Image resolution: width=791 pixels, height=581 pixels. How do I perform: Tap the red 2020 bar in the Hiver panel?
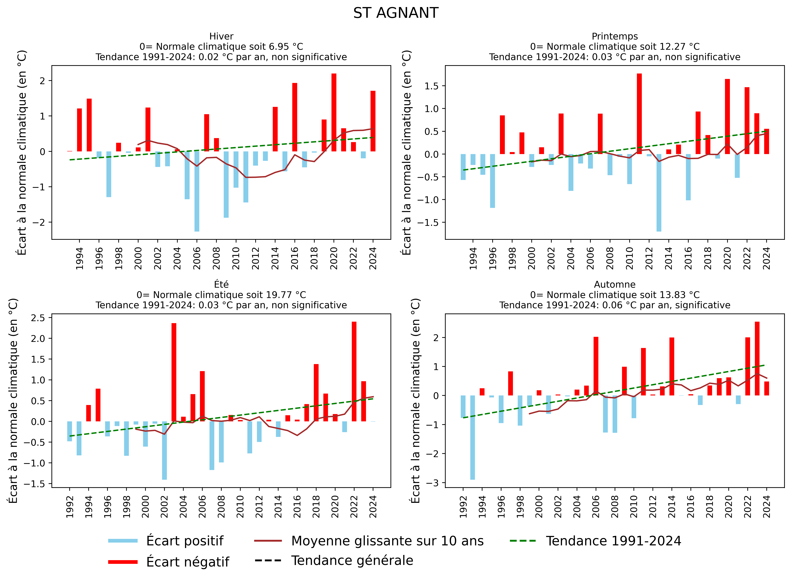(334, 113)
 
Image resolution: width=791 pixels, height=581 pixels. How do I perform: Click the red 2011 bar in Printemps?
(639, 114)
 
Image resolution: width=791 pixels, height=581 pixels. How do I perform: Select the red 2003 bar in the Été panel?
(174, 372)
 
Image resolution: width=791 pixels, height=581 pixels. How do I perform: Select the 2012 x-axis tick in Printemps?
(649, 259)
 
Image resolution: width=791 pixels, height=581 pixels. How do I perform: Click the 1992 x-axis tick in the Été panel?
(70, 507)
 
